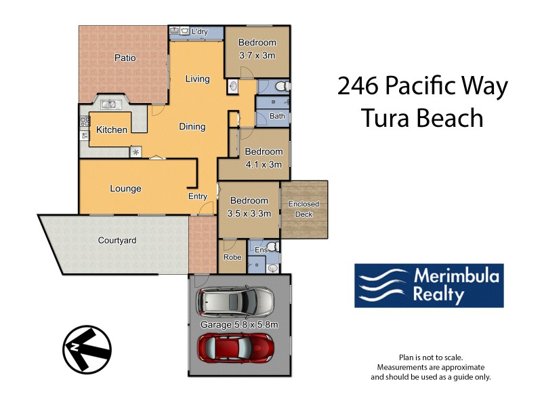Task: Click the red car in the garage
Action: click(235, 348)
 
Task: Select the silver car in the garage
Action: click(235, 303)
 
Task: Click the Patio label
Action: click(125, 58)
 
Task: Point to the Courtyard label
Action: click(117, 240)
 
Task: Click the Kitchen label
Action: click(111, 130)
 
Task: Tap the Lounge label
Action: click(125, 189)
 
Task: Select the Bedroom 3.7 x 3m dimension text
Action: click(257, 56)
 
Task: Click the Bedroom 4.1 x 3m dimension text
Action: click(264, 164)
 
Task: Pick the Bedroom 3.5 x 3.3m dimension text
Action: click(249, 213)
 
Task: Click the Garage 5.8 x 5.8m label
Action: click(239, 325)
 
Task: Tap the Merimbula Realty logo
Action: click(429, 286)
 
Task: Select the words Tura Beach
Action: click(421, 118)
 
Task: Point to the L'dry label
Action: click(199, 32)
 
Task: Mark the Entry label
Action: click(197, 197)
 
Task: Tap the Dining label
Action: click(192, 127)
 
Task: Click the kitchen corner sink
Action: click(108, 105)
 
